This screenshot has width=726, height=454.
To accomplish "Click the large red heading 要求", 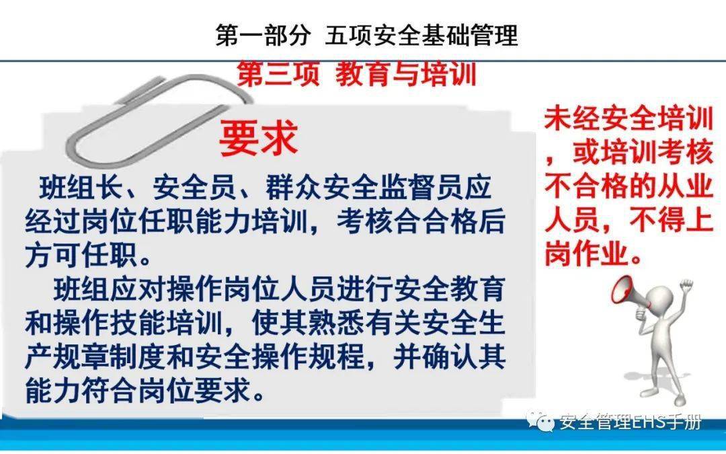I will click(258, 139).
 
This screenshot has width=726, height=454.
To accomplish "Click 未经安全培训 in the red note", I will click(629, 121).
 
